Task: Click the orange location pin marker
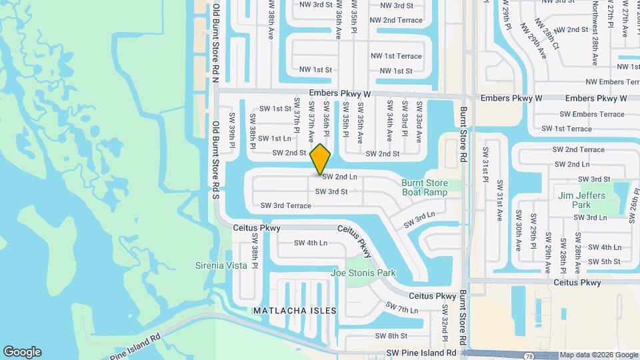[x=321, y=159]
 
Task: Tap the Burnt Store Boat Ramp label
[x=425, y=187]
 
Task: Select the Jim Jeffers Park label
[x=582, y=200]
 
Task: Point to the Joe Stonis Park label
[x=363, y=273]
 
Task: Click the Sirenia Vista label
[x=221, y=265]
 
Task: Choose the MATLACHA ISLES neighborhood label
[x=295, y=311]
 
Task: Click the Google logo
[x=22, y=352]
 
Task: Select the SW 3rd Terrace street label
[x=285, y=205]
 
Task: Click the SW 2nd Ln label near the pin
[x=340, y=177]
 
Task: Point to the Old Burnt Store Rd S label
[x=215, y=161]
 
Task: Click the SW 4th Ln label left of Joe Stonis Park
[x=311, y=243]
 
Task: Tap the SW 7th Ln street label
[x=401, y=309]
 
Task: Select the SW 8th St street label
[x=391, y=336]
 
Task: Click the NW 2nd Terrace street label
[x=396, y=20]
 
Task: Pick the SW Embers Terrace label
[x=592, y=114]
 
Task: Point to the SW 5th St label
[x=605, y=261]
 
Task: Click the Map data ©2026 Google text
[x=599, y=355]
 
